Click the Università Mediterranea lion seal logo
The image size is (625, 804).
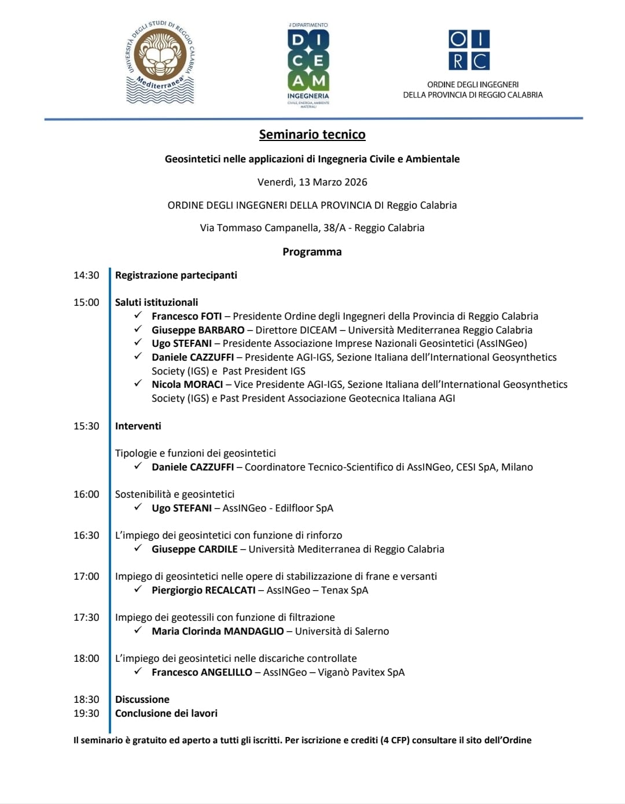pos(160,63)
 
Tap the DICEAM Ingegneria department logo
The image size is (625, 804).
pos(308,65)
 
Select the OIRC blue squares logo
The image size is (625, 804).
pos(469,50)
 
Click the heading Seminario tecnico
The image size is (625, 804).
pos(312,135)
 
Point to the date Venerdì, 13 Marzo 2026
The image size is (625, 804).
pos(312,182)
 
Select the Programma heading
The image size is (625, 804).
pos(312,252)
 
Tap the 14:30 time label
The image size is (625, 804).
pos(86,275)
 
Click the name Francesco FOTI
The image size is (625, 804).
pos(186,316)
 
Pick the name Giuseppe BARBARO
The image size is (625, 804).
pos(198,330)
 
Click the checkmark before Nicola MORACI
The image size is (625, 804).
pos(138,383)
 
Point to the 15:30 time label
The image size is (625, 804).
pos(86,426)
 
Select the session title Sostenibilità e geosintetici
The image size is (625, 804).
pos(175,494)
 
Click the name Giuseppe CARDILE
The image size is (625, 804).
pos(194,549)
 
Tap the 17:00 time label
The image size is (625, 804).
pos(86,576)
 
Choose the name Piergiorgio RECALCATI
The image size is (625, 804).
pos(203,590)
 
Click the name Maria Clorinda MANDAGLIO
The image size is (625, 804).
pos(218,631)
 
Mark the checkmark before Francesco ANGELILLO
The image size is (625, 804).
pos(138,671)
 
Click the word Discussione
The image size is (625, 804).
pos(142,699)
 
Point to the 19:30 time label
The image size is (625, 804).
pos(86,713)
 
